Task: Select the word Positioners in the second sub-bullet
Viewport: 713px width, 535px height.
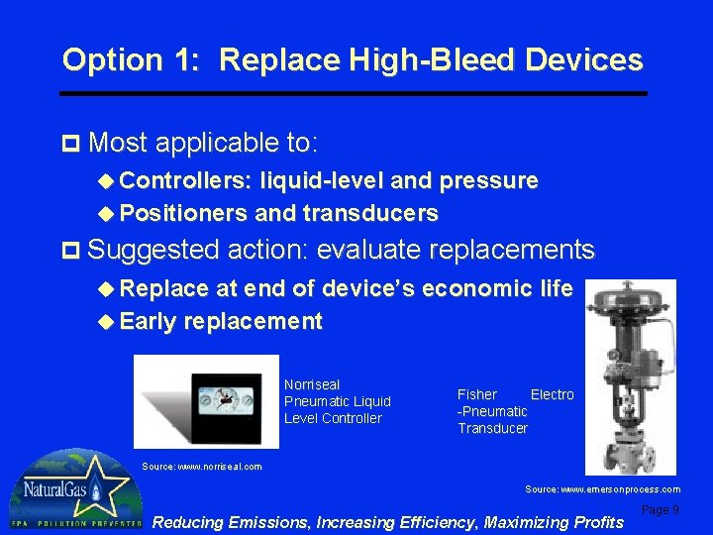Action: click(x=184, y=214)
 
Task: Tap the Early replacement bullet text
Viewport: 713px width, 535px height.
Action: click(x=221, y=322)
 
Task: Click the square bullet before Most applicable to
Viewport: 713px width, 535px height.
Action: click(x=68, y=145)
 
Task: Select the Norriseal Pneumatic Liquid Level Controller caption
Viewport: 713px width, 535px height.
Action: click(x=337, y=401)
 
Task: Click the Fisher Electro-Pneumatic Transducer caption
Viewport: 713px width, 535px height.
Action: click(x=514, y=411)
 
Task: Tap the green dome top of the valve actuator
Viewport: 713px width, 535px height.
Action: click(x=630, y=296)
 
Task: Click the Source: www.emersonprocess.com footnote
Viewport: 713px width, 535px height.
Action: click(x=602, y=489)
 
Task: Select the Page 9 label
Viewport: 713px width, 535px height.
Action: click(x=661, y=509)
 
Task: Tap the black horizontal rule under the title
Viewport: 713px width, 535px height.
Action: click(x=354, y=94)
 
